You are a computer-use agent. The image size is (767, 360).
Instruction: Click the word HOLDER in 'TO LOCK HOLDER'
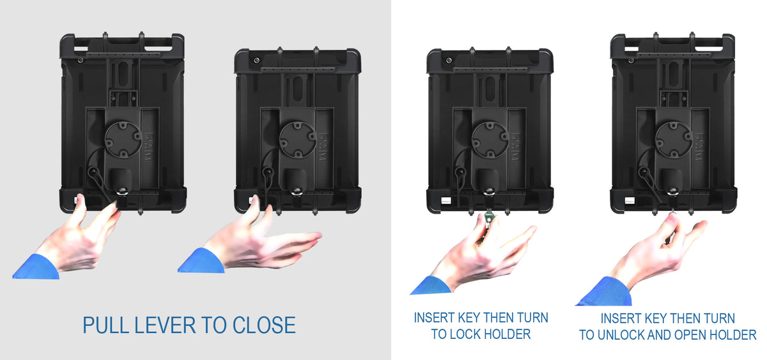[511, 334]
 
